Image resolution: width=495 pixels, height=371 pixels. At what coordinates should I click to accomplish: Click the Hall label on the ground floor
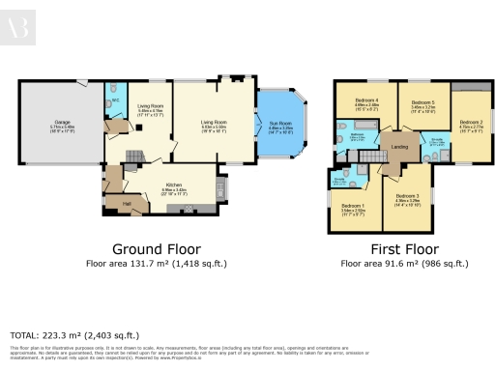127,204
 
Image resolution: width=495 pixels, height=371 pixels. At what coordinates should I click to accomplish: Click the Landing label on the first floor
396,147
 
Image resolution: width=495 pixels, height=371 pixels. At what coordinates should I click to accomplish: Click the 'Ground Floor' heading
158,247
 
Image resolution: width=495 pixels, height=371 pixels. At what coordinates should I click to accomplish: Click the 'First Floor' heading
394,247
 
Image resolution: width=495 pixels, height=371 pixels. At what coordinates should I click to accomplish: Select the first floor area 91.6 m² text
394,262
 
